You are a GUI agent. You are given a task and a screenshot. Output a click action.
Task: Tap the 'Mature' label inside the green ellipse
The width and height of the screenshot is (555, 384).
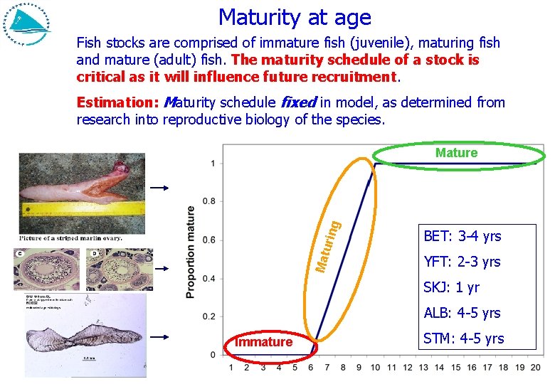tap(456, 153)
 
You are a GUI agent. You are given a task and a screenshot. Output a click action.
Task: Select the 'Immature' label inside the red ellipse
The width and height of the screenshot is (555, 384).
tap(263, 342)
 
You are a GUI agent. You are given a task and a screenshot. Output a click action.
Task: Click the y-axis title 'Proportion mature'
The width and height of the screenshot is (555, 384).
tap(190, 252)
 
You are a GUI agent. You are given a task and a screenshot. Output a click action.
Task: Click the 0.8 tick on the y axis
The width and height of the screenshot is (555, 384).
tap(210, 201)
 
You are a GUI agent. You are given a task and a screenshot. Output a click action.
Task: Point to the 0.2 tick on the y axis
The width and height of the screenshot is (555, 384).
tap(210, 316)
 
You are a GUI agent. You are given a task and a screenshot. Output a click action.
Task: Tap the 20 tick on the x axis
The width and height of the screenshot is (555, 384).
tap(536, 368)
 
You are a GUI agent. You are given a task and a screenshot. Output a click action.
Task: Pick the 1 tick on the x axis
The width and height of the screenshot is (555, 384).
tap(231, 368)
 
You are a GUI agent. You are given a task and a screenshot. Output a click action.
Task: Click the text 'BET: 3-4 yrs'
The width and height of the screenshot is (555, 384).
tap(462, 236)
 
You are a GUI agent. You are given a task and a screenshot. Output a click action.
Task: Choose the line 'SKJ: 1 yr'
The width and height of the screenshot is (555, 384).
tap(451, 287)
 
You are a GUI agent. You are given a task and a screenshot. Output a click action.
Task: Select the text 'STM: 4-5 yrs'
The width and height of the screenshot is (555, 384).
tap(463, 338)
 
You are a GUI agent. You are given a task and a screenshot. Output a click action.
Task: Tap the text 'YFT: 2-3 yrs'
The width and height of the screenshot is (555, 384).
tap(462, 262)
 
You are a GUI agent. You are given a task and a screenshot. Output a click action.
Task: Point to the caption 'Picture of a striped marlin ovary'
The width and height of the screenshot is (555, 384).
tap(70, 238)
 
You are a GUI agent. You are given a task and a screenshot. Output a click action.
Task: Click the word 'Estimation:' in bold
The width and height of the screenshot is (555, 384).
tap(117, 102)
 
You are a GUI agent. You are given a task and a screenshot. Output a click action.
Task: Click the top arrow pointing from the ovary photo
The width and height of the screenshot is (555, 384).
tap(162, 188)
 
